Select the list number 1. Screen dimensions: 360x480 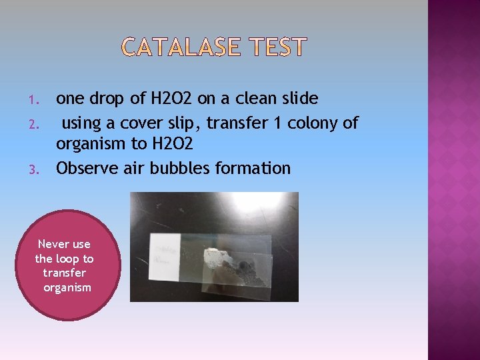37,101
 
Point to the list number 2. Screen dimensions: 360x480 37,123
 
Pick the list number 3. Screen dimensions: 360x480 37,169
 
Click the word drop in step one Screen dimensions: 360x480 107,99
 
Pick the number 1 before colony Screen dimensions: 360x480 281,123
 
